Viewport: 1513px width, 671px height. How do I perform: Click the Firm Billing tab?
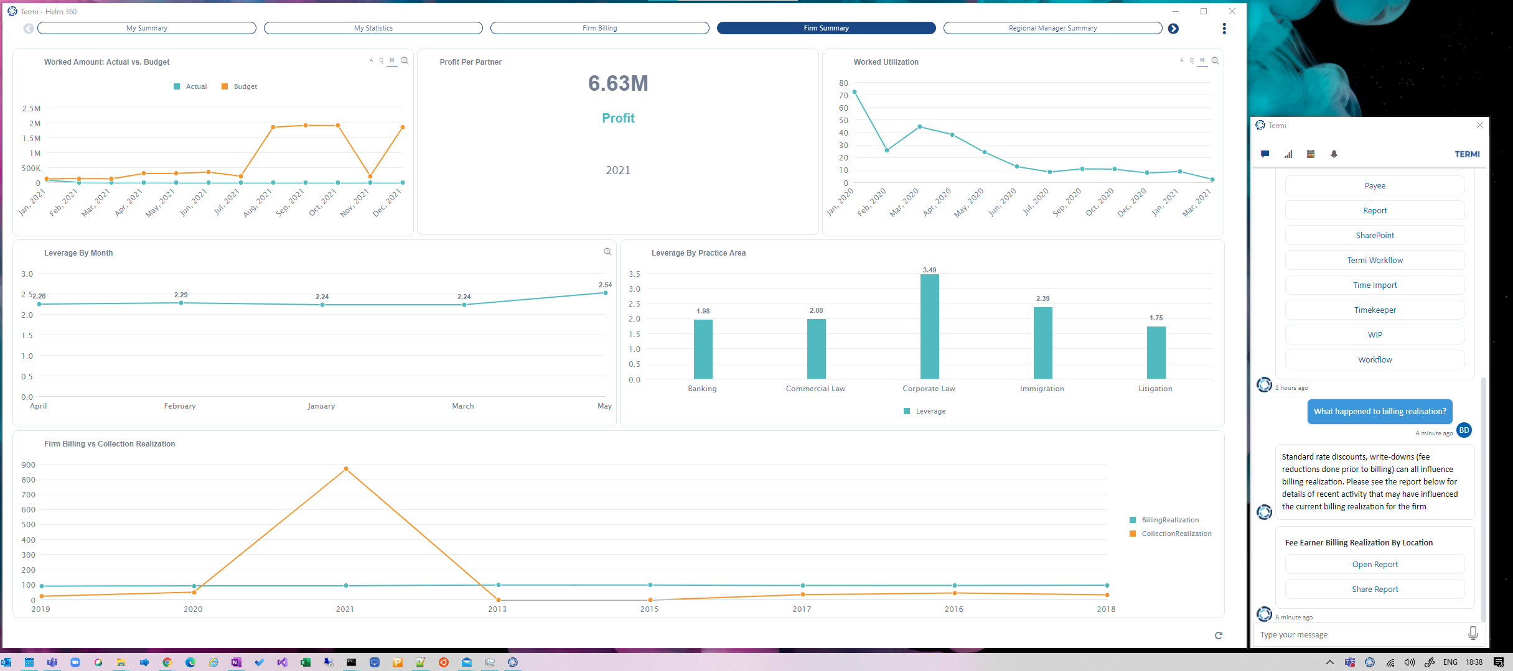[599, 28]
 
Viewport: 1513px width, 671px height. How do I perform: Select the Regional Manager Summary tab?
[1052, 28]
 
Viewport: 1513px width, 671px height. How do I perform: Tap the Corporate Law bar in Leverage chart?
[929, 326]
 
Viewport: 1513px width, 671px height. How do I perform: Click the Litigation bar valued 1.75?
[1156, 352]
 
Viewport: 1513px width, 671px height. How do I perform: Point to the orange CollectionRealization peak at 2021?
[346, 469]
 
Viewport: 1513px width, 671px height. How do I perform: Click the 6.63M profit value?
[618, 83]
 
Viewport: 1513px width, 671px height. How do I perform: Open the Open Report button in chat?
[1375, 565]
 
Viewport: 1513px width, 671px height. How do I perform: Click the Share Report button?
[1375, 590]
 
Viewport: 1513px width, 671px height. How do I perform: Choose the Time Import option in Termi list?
[1375, 285]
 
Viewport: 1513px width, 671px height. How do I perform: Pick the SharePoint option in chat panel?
[1375, 236]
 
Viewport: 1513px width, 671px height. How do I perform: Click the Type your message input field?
[1357, 635]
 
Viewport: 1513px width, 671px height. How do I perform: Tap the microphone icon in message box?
[1473, 633]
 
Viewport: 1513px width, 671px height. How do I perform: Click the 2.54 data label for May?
[605, 285]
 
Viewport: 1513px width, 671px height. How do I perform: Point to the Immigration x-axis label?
[1042, 389]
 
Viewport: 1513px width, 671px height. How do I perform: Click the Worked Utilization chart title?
[886, 62]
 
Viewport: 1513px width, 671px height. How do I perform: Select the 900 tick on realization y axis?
[29, 465]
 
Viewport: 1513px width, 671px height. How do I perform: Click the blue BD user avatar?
[1464, 430]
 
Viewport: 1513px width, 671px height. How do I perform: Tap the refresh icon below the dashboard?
[1218, 636]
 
